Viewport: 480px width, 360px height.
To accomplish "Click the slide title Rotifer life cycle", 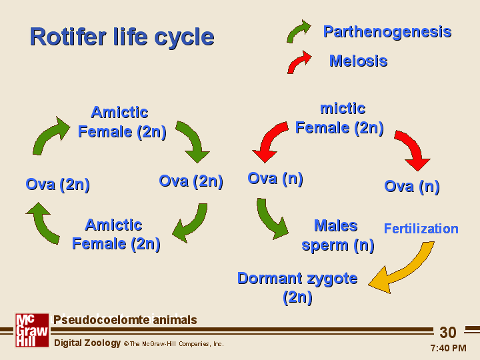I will pos(121,37).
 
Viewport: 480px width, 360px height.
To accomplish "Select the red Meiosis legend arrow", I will pos(299,62).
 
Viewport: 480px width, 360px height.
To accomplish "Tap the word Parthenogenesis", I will pos(387,31).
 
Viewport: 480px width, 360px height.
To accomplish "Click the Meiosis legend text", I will pos(358,61).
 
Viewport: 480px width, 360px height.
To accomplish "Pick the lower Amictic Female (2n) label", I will pos(115,234).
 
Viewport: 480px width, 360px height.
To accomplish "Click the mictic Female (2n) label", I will pos(339,118).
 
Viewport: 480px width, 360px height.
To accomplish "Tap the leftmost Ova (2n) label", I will pos(57,184).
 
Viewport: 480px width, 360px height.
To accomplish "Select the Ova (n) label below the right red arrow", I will pos(411,186).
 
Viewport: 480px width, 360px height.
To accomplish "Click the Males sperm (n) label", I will pos(337,235).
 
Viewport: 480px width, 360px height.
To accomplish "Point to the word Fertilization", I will pos(421,229).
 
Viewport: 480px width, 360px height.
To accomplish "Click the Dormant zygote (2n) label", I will pos(297,287).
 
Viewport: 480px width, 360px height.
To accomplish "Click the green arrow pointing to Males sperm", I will pos(271,220).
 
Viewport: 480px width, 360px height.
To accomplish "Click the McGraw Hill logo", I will pos(32,330).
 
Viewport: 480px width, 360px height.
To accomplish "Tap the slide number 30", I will pos(448,333).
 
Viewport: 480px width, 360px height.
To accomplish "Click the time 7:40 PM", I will pos(448,348).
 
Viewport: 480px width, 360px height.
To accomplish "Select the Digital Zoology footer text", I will pos(87,343).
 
